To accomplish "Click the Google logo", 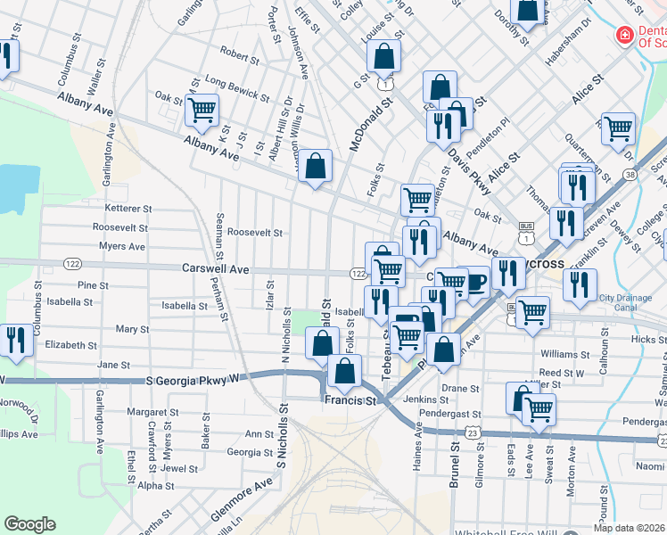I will [x=29, y=524].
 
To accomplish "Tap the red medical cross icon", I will [x=626, y=36].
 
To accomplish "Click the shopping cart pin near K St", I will [x=202, y=111].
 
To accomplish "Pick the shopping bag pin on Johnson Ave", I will [x=315, y=166].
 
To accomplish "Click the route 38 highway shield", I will [x=630, y=175].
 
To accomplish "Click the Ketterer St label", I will [x=129, y=208].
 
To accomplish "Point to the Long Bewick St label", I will [x=236, y=87].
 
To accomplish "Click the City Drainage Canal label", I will [x=630, y=302].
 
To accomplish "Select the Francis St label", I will [x=351, y=401].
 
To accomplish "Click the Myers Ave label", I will [x=122, y=246].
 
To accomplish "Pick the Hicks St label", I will [x=642, y=340].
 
